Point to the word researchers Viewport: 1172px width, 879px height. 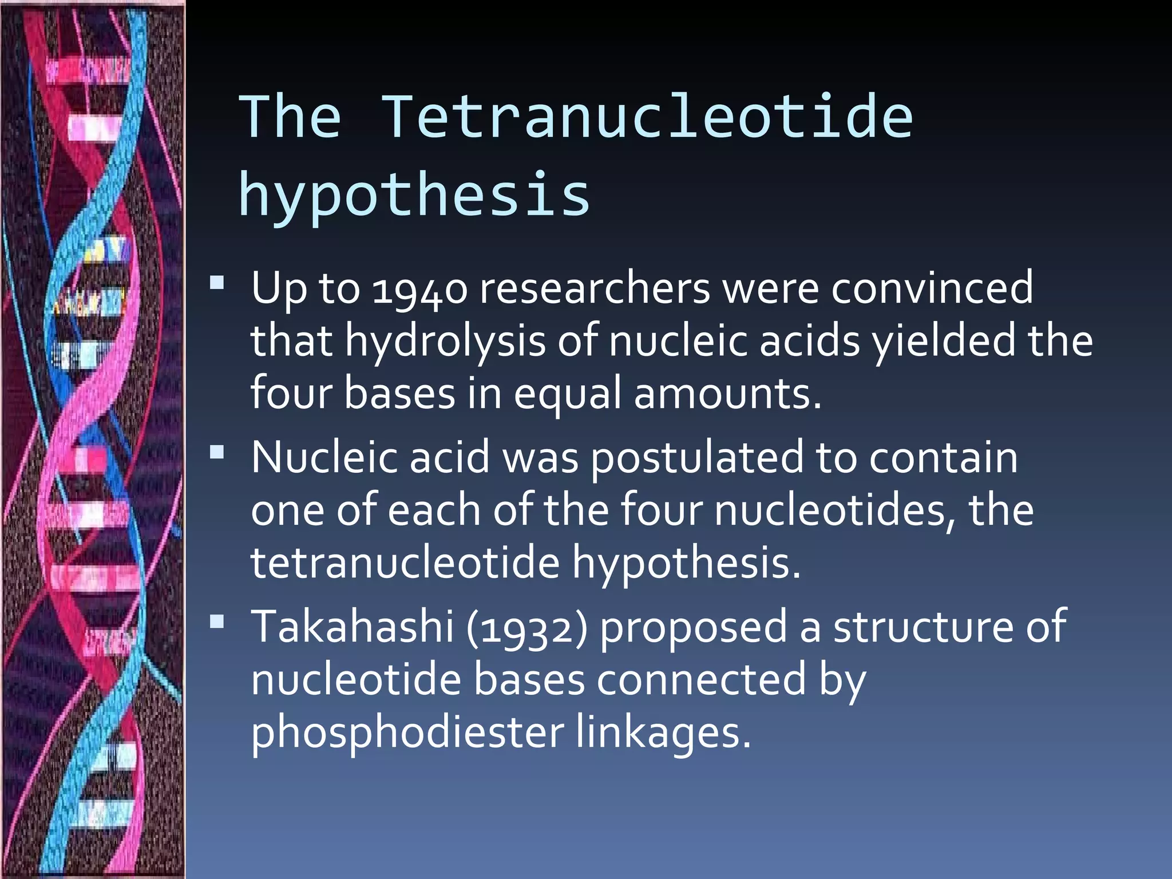595,288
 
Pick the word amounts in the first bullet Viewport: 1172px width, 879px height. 727,394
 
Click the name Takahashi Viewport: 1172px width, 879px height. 353,627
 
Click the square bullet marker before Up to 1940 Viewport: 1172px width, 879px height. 217,283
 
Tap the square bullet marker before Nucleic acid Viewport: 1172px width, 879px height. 217,453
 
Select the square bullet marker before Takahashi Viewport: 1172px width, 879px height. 217,621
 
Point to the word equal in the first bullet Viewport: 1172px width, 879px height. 567,394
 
